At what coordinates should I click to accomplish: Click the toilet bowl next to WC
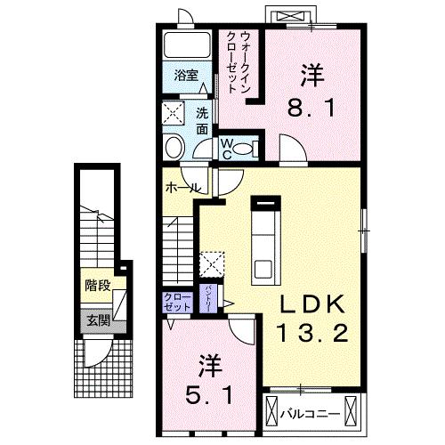tap(174, 147)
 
